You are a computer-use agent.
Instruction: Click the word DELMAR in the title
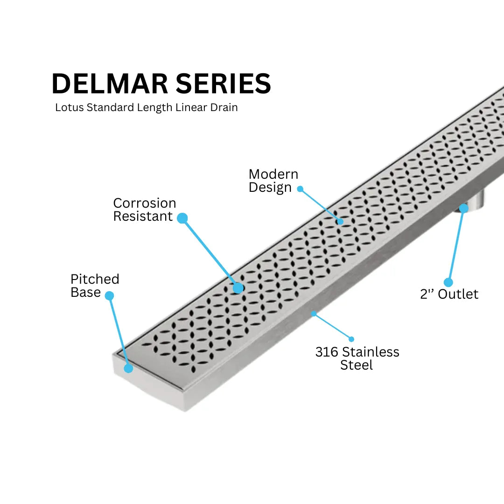(110, 84)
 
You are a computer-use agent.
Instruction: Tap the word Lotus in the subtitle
(70, 107)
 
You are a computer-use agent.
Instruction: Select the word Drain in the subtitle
(224, 107)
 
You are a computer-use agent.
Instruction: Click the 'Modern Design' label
(273, 181)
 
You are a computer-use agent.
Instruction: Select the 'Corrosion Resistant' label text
(144, 210)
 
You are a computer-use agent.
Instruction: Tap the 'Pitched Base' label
(95, 286)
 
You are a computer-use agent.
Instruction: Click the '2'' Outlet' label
(449, 294)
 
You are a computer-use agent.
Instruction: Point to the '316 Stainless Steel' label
(357, 358)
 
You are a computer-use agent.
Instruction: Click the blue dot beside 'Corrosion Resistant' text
(182, 218)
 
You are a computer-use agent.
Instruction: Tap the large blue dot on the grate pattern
(238, 288)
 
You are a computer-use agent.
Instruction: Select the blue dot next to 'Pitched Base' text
(109, 295)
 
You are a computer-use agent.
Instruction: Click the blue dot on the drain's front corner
(128, 368)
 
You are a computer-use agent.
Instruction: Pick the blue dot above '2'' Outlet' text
(448, 282)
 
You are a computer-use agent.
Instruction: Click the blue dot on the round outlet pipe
(463, 208)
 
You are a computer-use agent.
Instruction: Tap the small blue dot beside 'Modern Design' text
(300, 189)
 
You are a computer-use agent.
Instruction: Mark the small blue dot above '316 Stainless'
(351, 339)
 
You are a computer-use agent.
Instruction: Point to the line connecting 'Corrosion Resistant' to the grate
(210, 252)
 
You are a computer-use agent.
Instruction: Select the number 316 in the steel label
(326, 352)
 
